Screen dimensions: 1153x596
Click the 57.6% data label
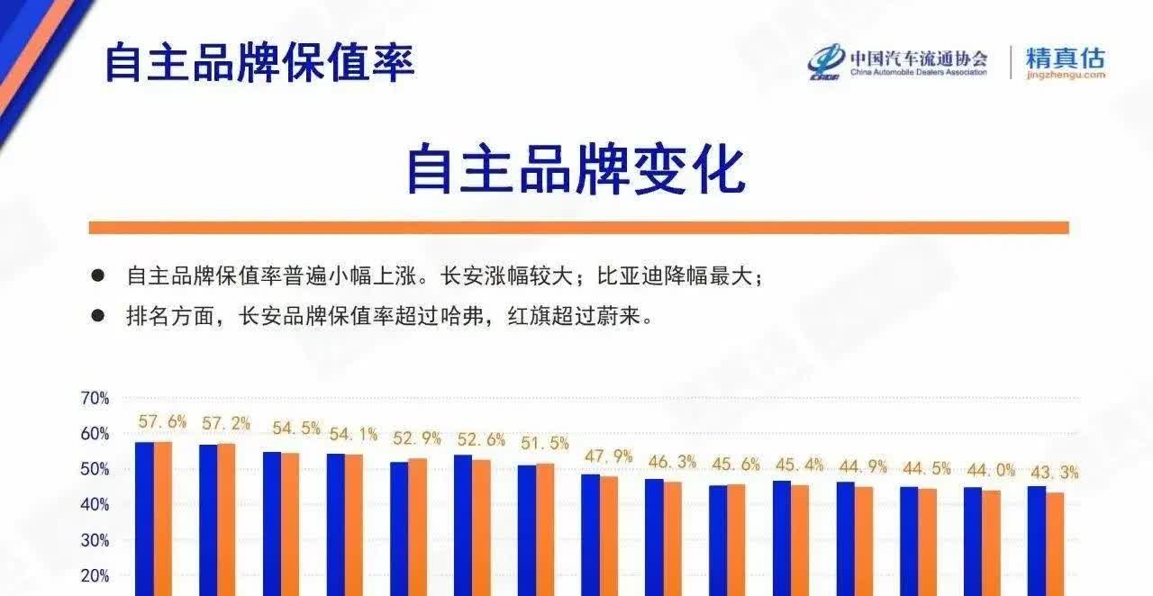point(162,422)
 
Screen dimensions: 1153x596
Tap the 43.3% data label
point(1054,473)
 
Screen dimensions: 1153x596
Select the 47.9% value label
point(608,456)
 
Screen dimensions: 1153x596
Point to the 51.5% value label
point(545,443)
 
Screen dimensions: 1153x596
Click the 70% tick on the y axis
point(95,398)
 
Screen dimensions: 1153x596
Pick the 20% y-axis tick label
point(95,576)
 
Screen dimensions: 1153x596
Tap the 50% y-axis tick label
point(95,469)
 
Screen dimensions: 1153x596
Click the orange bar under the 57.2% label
point(226,519)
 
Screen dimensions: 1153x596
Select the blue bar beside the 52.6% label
point(463,526)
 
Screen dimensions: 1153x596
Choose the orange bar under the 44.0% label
point(992,544)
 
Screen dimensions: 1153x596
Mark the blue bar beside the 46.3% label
point(654,537)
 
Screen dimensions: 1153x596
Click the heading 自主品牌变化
point(576,169)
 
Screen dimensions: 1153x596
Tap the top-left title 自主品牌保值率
point(260,63)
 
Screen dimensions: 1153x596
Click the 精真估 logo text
point(1065,58)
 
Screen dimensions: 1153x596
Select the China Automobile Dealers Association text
point(919,72)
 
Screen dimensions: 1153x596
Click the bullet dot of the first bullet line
point(98,275)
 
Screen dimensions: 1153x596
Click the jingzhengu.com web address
point(1066,75)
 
